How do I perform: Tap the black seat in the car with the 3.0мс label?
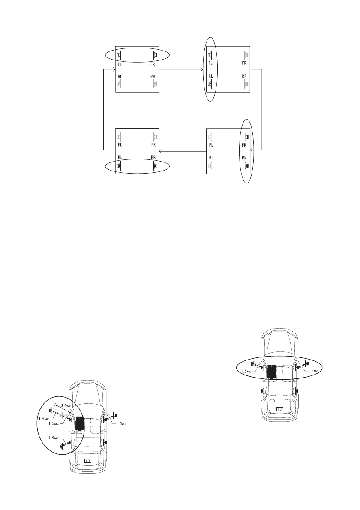[79, 423]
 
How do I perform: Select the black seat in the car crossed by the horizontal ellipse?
[272, 370]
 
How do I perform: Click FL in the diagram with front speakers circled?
[120, 64]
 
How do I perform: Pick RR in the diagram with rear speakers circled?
[153, 157]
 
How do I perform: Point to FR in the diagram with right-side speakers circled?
[244, 145]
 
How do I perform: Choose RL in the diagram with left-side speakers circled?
[210, 76]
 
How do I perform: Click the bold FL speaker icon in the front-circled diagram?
[120, 55]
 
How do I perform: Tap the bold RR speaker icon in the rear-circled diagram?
[156, 166]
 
